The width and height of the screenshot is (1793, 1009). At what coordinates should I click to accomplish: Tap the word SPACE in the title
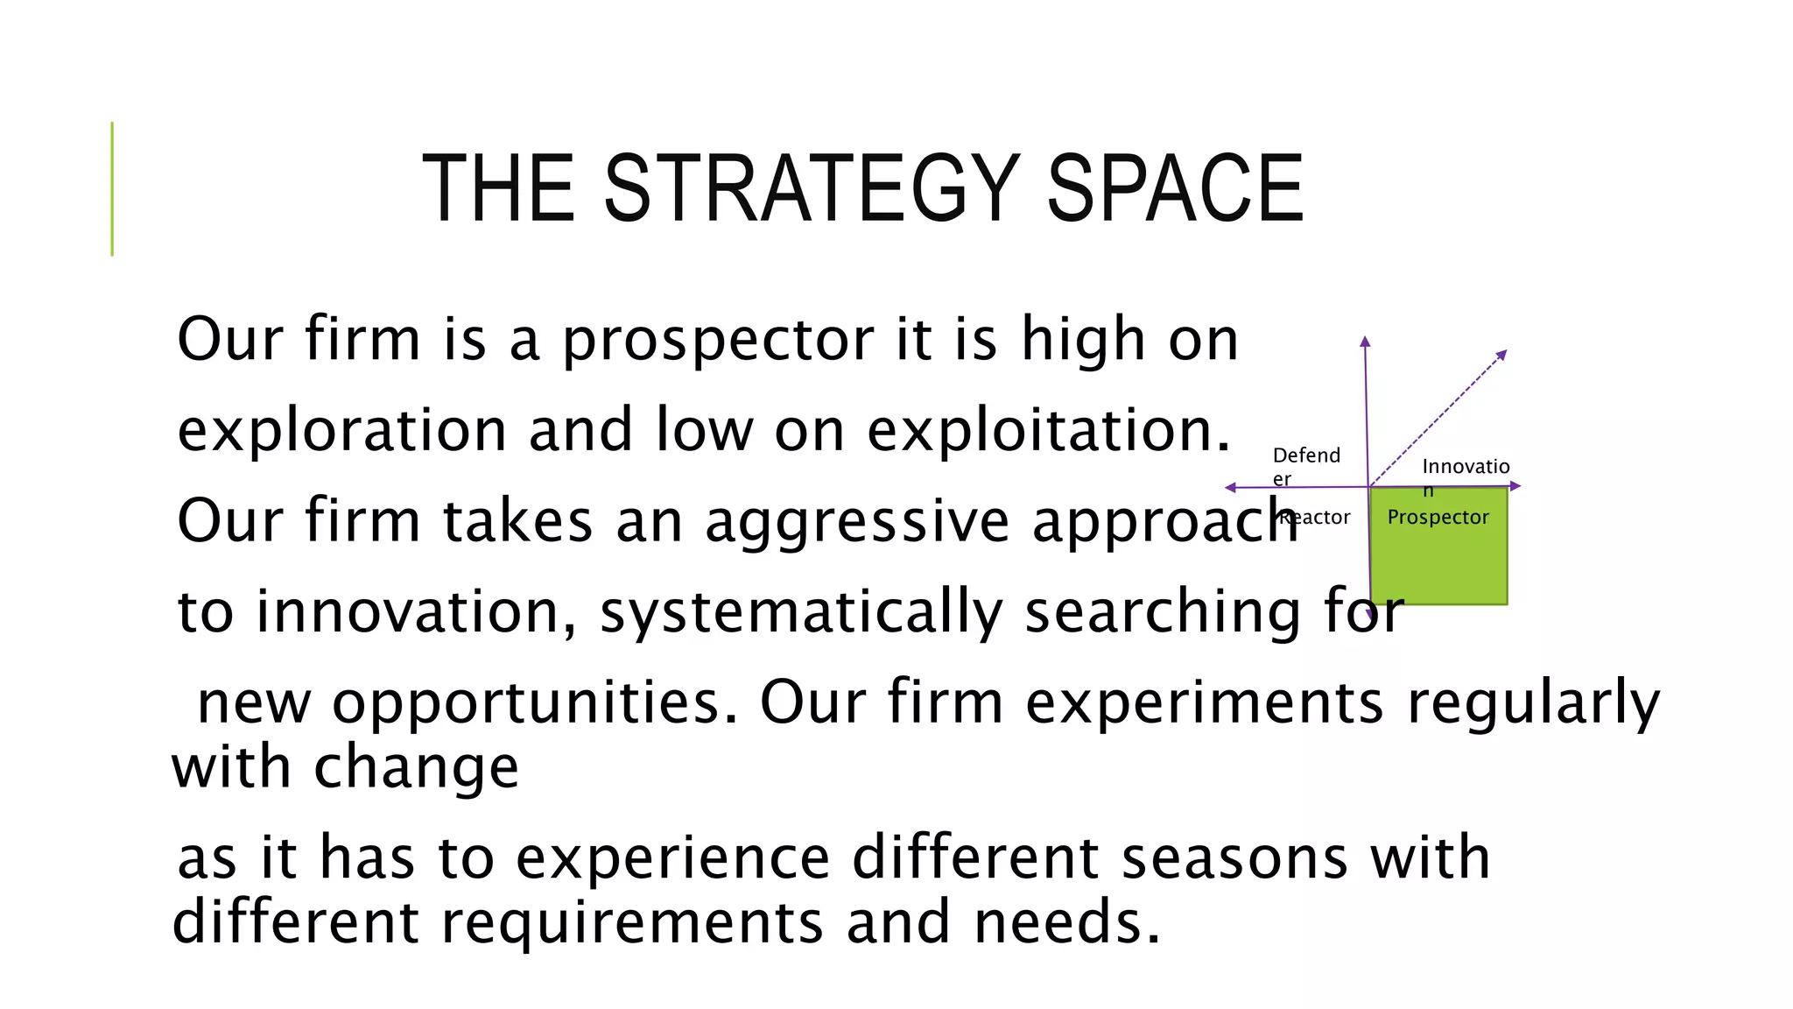pyautogui.click(x=1175, y=188)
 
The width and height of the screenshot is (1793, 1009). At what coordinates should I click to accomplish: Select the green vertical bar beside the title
pyautogui.click(x=112, y=188)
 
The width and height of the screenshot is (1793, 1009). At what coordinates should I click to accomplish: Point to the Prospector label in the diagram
pyautogui.click(x=1438, y=518)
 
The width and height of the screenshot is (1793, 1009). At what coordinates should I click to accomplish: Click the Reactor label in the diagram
pyautogui.click(x=1315, y=518)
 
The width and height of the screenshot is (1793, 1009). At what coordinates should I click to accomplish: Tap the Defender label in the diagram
pyautogui.click(x=1305, y=465)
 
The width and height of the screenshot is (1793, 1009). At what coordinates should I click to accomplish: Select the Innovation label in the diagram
pyautogui.click(x=1465, y=468)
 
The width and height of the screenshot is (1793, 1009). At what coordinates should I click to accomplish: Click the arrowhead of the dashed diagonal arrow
pyautogui.click(x=1501, y=354)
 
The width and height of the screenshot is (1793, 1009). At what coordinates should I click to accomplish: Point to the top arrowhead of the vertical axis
pyautogui.click(x=1365, y=341)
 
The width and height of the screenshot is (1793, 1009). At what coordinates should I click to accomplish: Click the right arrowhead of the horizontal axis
pyautogui.click(x=1516, y=486)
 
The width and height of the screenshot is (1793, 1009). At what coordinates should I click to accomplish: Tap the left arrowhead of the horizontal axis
pyautogui.click(x=1230, y=488)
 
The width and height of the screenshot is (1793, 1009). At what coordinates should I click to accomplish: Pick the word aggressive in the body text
pyautogui.click(x=857, y=521)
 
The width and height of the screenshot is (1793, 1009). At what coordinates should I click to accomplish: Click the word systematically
pyautogui.click(x=800, y=612)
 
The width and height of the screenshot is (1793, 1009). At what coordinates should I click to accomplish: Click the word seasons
pyautogui.click(x=1234, y=857)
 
